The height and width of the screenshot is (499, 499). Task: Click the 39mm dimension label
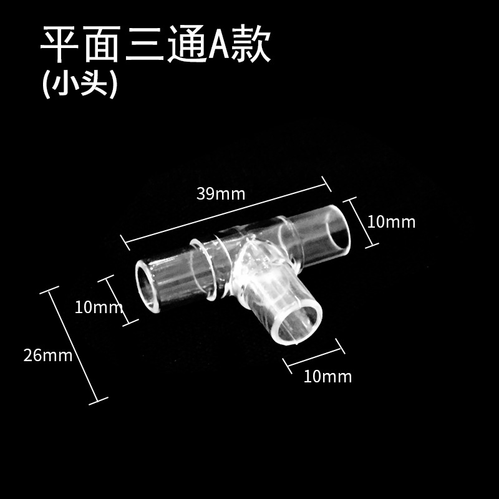[x=221, y=193]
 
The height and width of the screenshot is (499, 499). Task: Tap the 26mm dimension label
[x=48, y=356]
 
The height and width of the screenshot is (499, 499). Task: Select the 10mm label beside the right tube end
[x=391, y=221]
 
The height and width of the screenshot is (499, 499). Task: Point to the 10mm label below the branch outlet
[x=327, y=377]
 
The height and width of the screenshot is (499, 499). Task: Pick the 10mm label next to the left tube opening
[x=98, y=307]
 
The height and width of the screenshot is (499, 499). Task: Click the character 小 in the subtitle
[x=64, y=85]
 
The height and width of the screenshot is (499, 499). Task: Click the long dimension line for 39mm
[x=225, y=211]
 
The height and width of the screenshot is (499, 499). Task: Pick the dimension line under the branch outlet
[x=314, y=357]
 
